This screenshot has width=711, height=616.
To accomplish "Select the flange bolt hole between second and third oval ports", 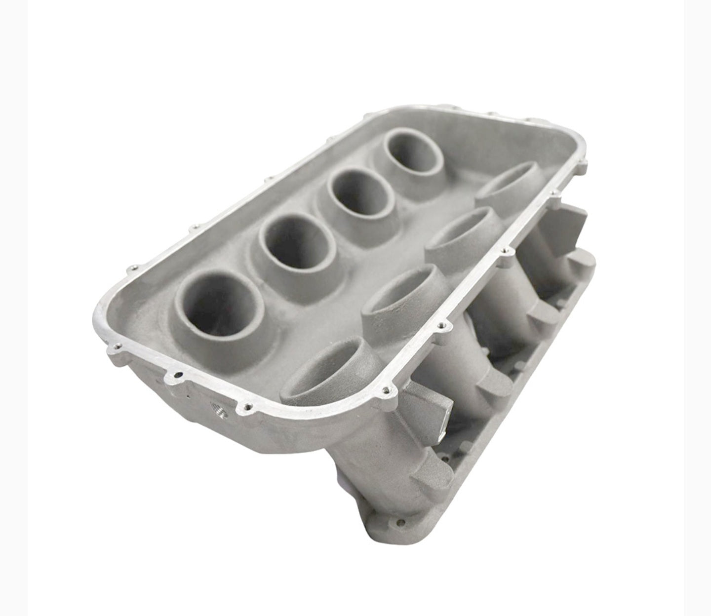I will tap(504, 253).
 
